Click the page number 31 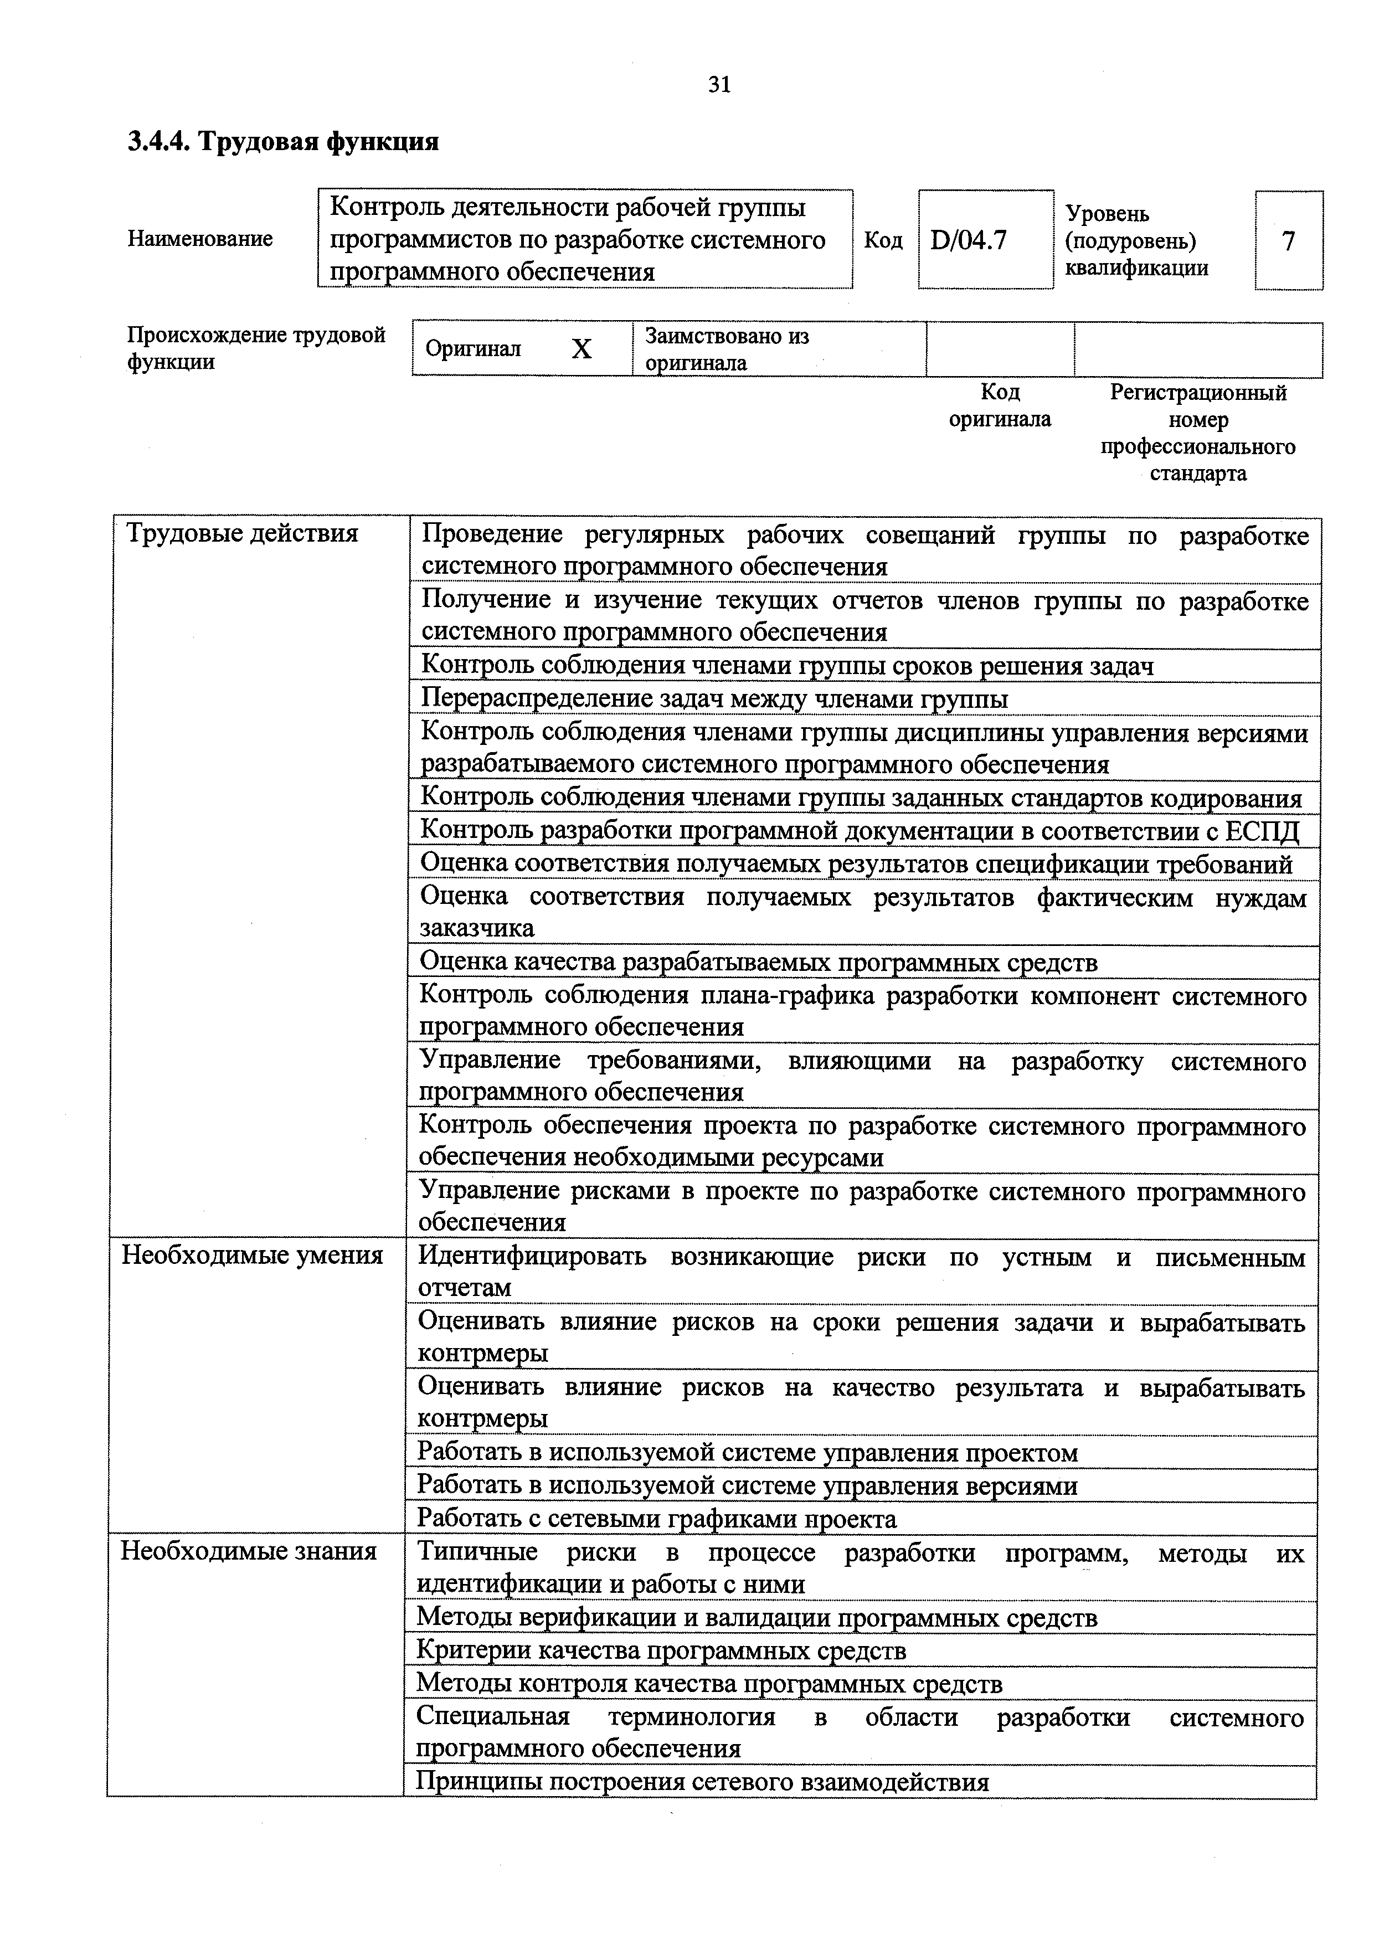tap(719, 85)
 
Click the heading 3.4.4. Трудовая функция tap(283, 141)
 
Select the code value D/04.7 tap(969, 241)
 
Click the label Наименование tap(200, 239)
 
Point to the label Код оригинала tap(999, 405)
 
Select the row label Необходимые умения tap(253, 1255)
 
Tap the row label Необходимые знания tap(248, 1551)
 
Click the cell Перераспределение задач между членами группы tap(714, 700)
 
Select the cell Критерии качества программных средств tap(661, 1650)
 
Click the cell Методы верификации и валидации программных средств tap(757, 1617)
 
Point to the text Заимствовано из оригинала tap(727, 349)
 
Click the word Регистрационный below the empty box tap(1198, 393)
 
